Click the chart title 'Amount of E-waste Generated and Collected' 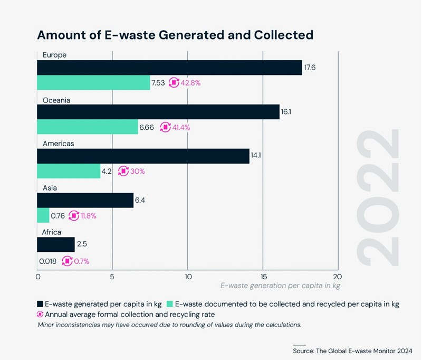175,35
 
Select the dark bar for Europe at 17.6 169,68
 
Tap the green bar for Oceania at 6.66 87,127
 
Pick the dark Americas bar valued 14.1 143,156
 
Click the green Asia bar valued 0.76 43,215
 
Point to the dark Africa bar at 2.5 55,244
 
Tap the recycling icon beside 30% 123,171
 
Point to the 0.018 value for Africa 48,260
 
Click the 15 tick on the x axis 263,276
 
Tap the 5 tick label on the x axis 112,276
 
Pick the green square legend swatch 169,304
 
